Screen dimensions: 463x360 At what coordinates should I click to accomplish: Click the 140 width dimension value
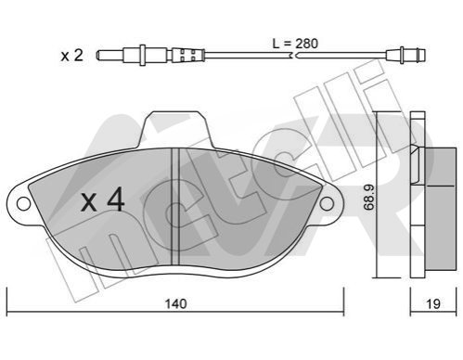click(x=175, y=303)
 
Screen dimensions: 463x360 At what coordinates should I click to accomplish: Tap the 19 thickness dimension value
click(x=433, y=303)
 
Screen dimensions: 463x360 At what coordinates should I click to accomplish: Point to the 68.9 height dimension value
click(x=368, y=197)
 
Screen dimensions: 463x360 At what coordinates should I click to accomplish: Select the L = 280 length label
click(x=295, y=44)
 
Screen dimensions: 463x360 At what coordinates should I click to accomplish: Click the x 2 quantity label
click(x=72, y=56)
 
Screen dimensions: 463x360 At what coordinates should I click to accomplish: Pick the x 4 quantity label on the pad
click(x=103, y=200)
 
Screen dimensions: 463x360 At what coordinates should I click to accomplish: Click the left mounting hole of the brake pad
click(x=23, y=204)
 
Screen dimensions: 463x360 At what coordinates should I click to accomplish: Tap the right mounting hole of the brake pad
click(x=327, y=204)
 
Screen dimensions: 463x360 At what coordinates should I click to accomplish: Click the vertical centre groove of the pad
click(x=175, y=207)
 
